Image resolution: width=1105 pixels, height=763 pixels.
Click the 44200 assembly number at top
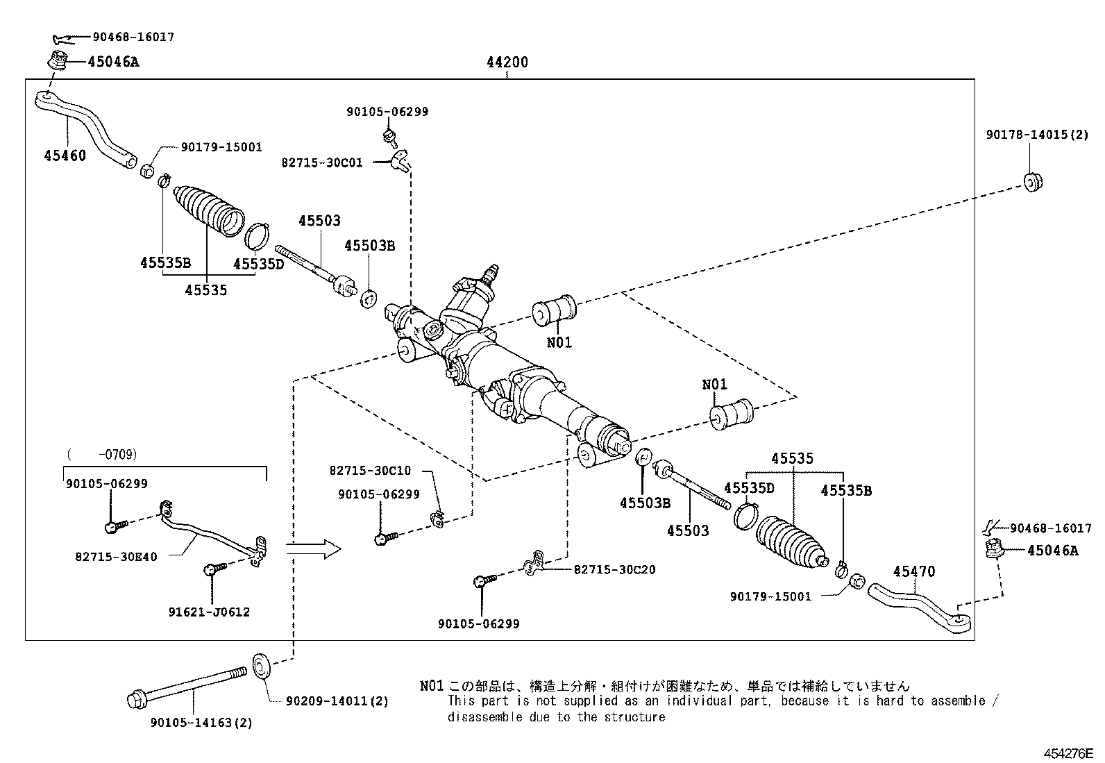507,62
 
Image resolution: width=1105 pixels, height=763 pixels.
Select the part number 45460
65,156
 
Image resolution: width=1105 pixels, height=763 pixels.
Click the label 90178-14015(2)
1037,135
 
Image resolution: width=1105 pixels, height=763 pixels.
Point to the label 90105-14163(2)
201,723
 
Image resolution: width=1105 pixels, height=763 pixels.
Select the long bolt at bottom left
187,685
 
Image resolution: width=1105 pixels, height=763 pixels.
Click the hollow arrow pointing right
313,549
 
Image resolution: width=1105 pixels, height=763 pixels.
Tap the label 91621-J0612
209,612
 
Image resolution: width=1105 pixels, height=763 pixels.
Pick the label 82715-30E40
116,557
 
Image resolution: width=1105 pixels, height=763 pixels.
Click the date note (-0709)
102,455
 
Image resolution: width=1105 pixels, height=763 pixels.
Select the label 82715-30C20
614,570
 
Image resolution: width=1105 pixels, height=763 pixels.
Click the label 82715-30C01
321,163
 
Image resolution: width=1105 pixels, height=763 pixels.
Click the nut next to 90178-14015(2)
1034,182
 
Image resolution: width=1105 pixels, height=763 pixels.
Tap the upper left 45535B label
165,263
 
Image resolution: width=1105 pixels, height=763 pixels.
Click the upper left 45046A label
113,62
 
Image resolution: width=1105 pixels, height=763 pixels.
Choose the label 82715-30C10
370,471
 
